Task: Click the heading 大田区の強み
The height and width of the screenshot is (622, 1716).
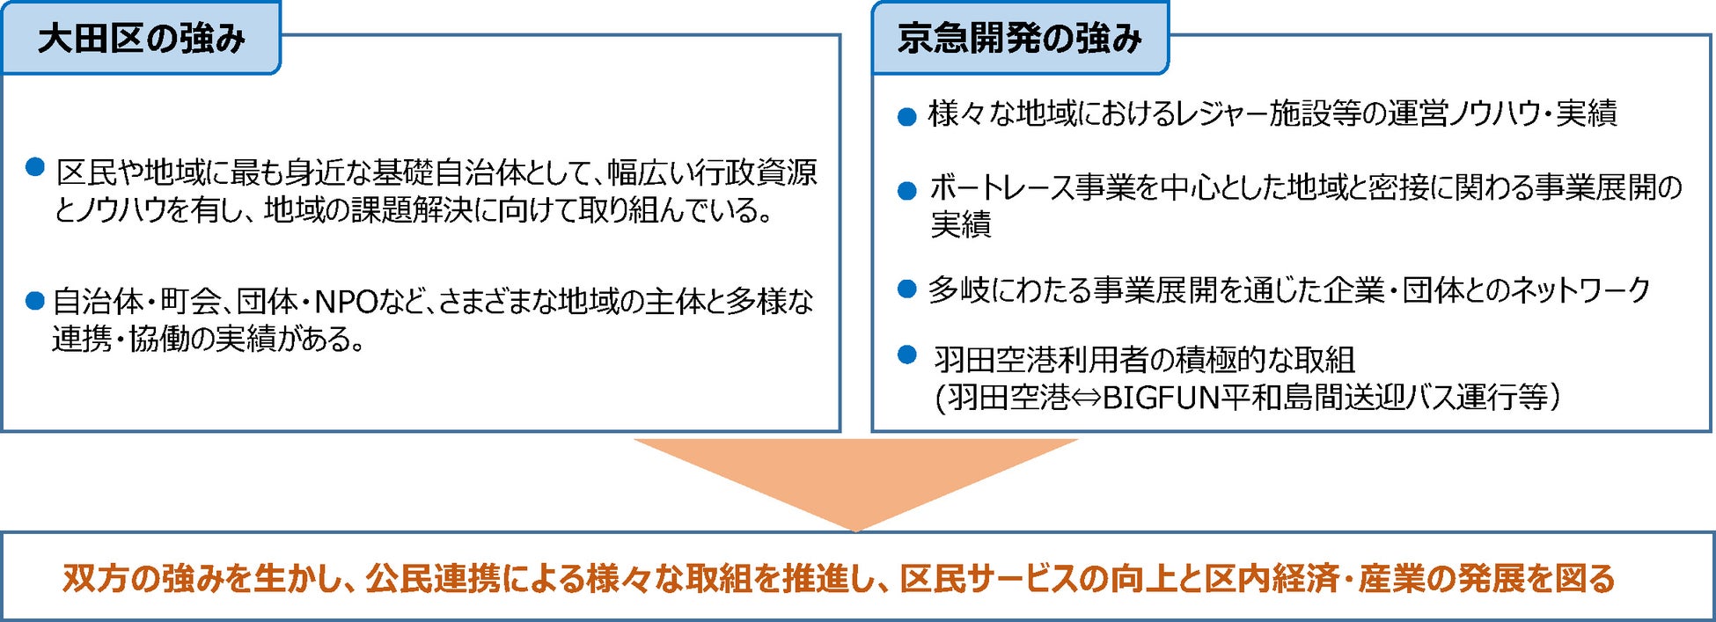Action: tap(141, 39)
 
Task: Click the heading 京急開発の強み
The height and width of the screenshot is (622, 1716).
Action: tap(1019, 39)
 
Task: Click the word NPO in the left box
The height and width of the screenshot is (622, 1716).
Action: tap(346, 302)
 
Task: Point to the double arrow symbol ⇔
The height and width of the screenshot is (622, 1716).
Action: tap(1086, 399)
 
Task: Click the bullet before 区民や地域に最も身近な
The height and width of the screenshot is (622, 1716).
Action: tap(35, 167)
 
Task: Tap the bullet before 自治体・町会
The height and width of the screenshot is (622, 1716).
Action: tap(35, 302)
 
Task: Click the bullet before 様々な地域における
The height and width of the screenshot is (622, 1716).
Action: tap(906, 117)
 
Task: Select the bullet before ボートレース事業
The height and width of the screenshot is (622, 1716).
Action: tap(906, 191)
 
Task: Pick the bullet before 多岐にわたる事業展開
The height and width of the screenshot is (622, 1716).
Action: tap(906, 289)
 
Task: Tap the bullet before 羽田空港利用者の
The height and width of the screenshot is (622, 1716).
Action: tap(906, 355)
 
